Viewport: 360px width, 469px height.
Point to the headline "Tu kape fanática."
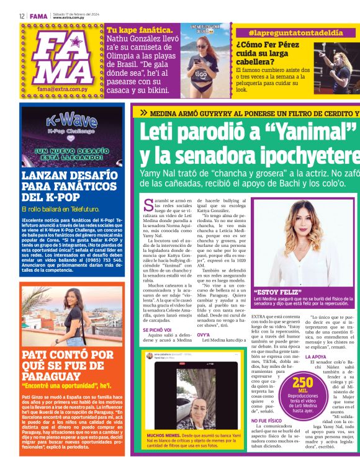[140, 30]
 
